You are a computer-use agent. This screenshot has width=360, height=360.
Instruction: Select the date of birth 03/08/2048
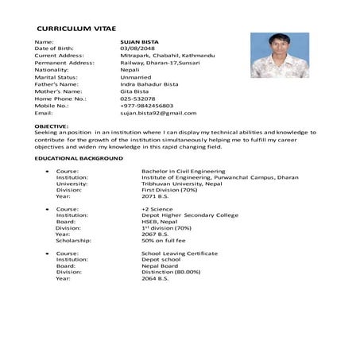coord(135,48)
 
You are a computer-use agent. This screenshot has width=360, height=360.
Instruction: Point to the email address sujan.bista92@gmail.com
coord(157,114)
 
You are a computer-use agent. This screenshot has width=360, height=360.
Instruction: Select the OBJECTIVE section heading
coord(52,126)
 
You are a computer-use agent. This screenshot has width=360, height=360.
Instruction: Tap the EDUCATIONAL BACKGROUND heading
coord(79,159)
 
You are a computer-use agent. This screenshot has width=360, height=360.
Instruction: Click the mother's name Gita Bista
coord(136,91)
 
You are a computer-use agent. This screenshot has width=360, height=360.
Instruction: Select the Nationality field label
coord(52,70)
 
